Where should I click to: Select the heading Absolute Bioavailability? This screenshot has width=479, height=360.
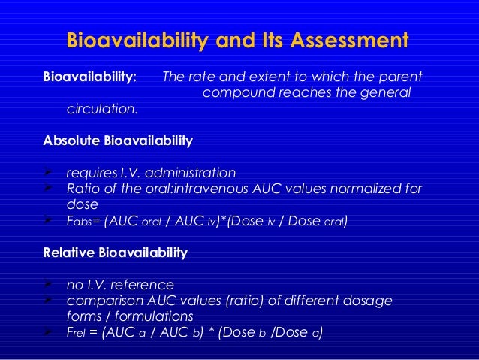point(118,141)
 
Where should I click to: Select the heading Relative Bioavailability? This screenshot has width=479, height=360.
point(116,253)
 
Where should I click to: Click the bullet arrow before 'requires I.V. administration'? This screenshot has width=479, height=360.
point(49,172)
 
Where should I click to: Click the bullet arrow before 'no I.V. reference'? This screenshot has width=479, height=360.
point(49,285)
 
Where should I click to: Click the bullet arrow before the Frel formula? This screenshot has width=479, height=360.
point(49,332)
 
